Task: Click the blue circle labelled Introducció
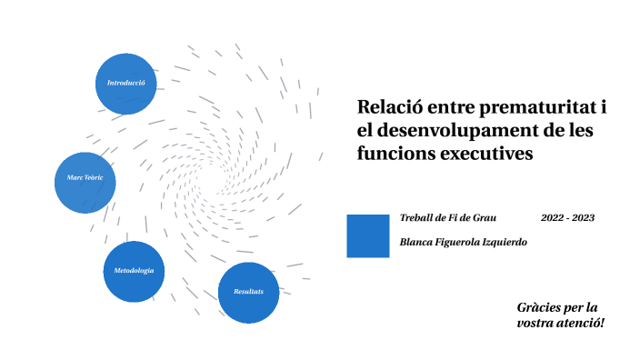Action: (x=126, y=84)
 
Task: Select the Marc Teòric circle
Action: (x=85, y=177)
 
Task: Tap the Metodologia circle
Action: (x=134, y=272)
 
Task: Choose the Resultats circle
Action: (x=248, y=292)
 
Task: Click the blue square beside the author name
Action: (x=368, y=235)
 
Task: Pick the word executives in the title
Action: (x=485, y=154)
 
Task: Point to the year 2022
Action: (x=554, y=218)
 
